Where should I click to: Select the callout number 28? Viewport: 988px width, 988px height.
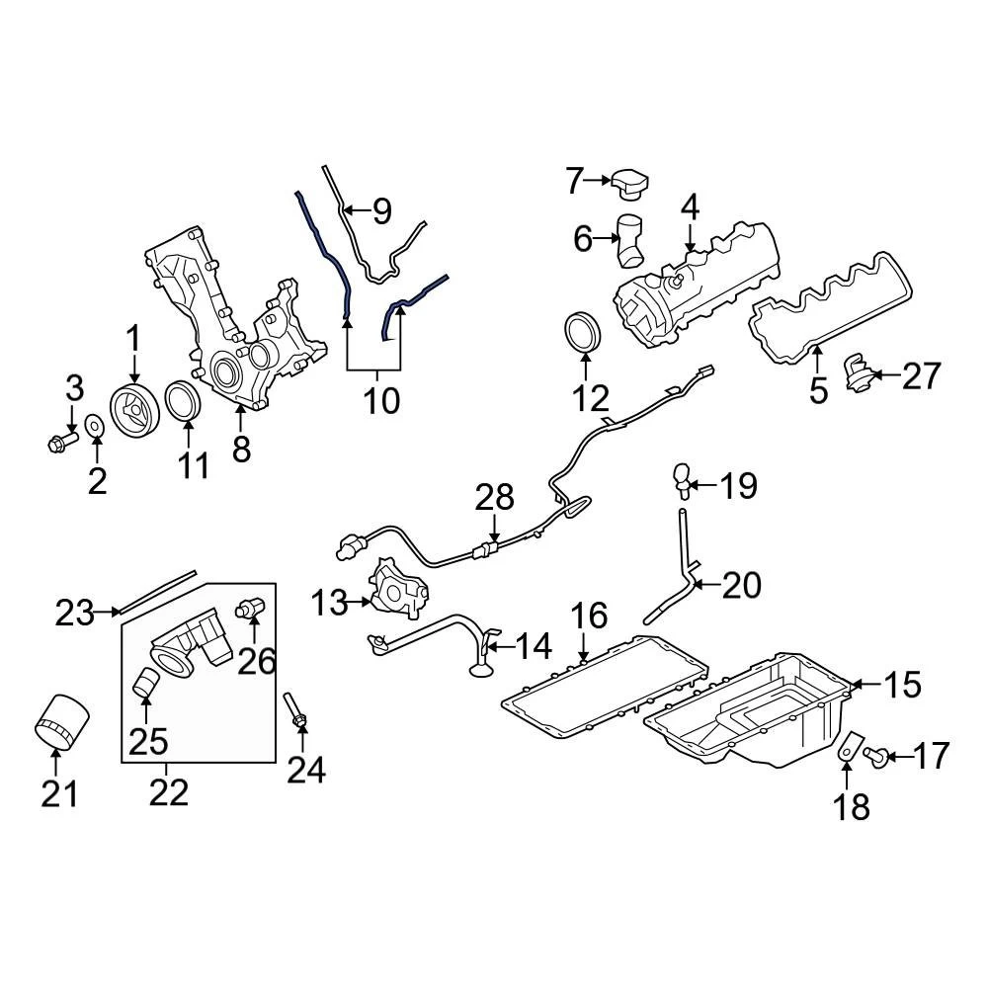pyautogui.click(x=496, y=497)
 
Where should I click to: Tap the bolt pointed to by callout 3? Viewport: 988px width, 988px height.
pyautogui.click(x=63, y=441)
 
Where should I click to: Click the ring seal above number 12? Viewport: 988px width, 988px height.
pyautogui.click(x=582, y=332)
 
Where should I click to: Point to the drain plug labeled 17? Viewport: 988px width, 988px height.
pyautogui.click(x=872, y=756)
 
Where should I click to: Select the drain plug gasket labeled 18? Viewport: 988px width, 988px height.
pyautogui.click(x=849, y=748)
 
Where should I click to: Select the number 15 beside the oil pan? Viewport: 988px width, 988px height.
pyautogui.click(x=900, y=684)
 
